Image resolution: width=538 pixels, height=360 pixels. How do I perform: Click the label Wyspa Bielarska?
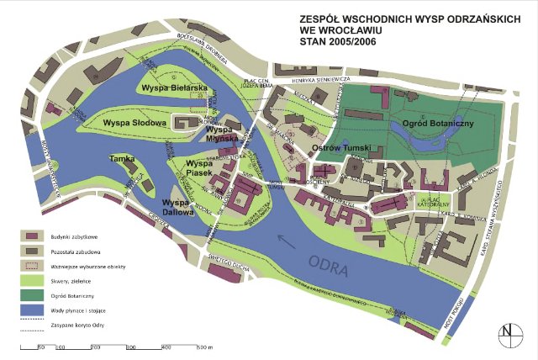[174, 87]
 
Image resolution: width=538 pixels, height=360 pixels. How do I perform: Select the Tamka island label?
[121, 158]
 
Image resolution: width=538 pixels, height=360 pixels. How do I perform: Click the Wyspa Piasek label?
[199, 168]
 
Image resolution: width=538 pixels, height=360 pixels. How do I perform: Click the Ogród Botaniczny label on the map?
[439, 124]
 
